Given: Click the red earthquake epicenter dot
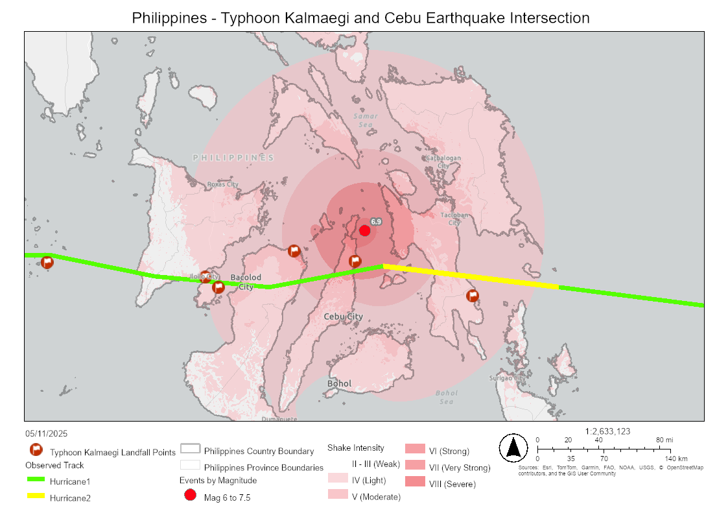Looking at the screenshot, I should pos(364,230).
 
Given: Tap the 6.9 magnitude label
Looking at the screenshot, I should pos(376,222).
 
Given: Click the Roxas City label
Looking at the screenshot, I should pos(223,184).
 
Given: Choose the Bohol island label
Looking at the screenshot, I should pos(339,384).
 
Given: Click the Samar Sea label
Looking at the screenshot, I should pos(366,120).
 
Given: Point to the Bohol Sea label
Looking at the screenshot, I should pos(447,397).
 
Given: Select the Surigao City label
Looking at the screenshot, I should pos(508,378).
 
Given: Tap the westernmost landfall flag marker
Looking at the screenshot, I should pos(47,263).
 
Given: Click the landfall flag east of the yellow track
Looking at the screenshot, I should pos(473,296).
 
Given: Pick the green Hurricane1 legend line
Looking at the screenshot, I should pos(35,479).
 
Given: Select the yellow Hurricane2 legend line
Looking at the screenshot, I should pos(35,497).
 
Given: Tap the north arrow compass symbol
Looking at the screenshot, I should pos(513,448).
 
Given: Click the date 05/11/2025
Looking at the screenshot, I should pos(47,433).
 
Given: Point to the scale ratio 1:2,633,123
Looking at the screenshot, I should pos(607,431).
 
